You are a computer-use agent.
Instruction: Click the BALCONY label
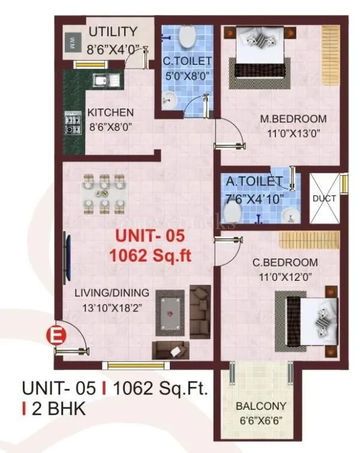[x=260, y=406]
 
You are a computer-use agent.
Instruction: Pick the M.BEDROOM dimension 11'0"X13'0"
[x=293, y=133]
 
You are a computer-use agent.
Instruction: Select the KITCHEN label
[x=110, y=113]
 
